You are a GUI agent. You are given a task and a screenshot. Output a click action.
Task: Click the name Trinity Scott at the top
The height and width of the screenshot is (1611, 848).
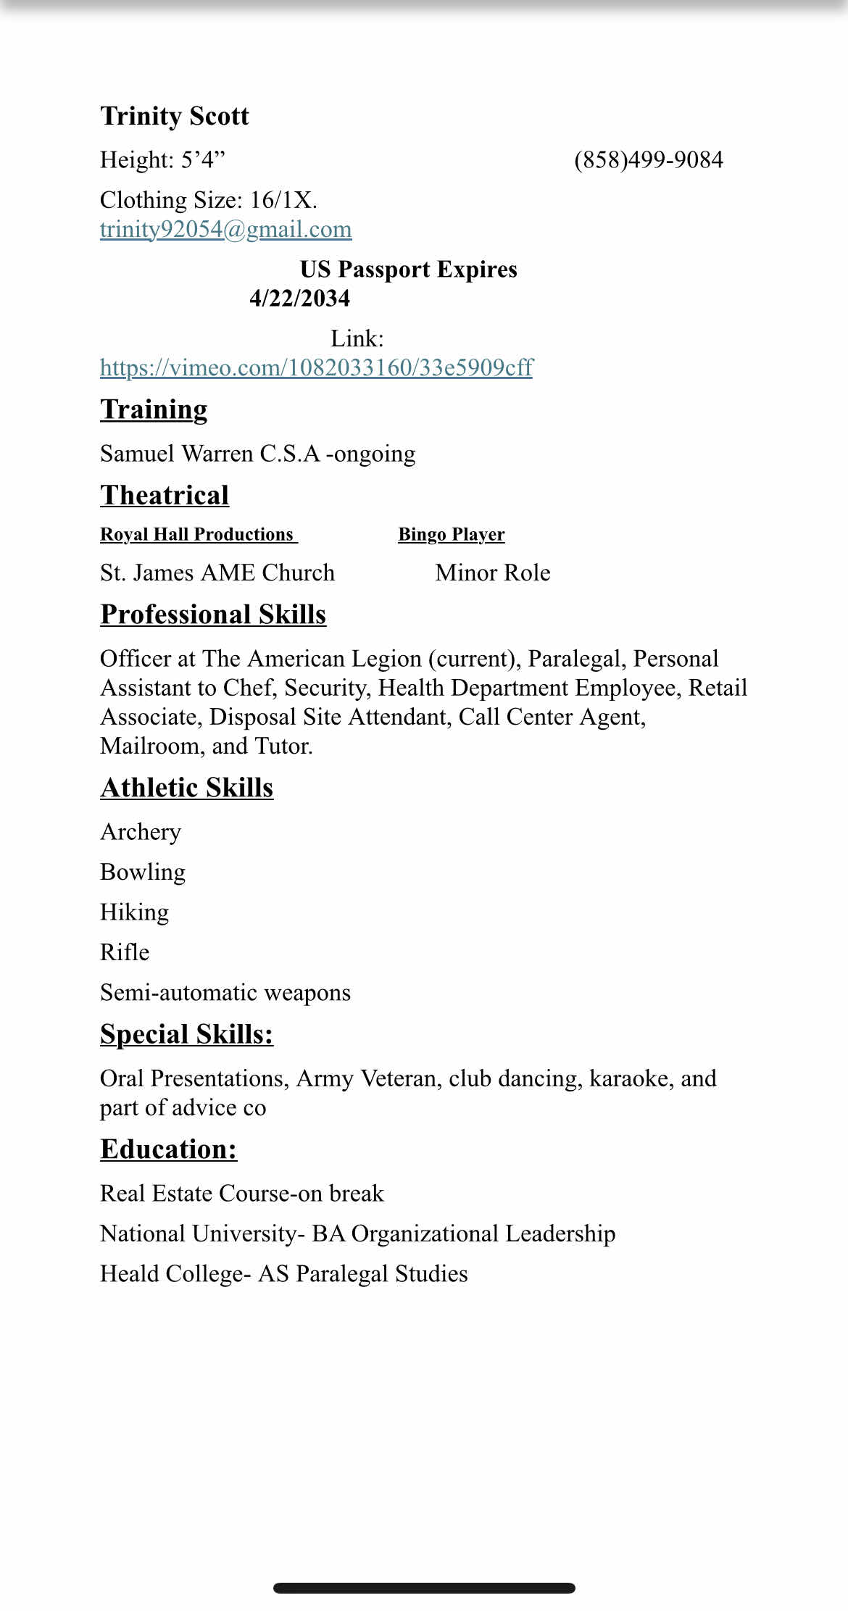click(174, 117)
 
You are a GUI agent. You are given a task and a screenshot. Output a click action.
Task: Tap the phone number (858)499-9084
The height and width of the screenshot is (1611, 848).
click(648, 160)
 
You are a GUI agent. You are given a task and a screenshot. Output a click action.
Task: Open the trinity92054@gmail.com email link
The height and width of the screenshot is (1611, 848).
click(225, 230)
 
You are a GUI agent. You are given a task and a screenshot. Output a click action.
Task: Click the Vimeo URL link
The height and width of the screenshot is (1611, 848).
click(316, 368)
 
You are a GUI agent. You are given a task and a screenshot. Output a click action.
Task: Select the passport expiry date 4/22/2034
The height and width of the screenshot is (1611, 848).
click(299, 299)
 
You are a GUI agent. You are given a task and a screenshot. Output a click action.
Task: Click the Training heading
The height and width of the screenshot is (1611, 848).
click(154, 410)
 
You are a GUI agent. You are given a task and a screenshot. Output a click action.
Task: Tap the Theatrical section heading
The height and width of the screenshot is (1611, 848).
click(165, 496)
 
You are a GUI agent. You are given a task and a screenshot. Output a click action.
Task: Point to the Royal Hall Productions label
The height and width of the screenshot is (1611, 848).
click(197, 535)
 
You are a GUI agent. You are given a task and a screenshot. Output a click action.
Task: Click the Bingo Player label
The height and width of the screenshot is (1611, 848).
click(451, 535)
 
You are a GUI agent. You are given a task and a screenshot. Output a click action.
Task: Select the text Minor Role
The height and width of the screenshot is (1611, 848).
click(492, 573)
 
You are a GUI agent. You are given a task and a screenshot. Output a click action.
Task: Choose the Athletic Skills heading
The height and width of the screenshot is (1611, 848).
click(186, 788)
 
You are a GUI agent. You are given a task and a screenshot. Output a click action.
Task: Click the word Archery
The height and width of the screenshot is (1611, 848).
click(141, 832)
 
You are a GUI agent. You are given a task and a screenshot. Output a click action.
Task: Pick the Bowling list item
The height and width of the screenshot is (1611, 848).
click(143, 872)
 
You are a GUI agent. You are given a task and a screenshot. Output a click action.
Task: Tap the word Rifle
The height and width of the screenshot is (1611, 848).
click(125, 952)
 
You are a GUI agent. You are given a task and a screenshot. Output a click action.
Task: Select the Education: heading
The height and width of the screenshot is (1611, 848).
click(168, 1150)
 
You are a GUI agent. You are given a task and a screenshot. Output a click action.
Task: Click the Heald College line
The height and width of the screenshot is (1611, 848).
click(283, 1274)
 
